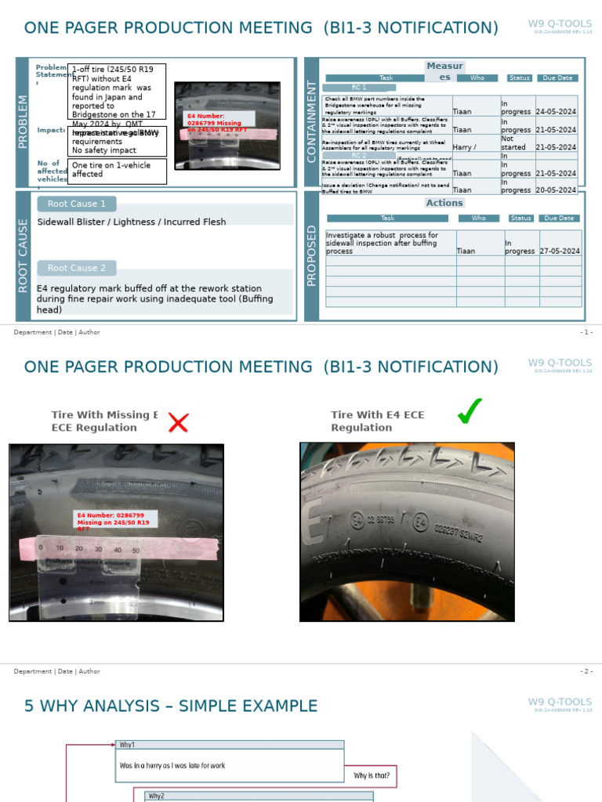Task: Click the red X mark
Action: pos(179,423)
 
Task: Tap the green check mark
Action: pos(470,411)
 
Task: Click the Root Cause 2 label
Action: pos(77,268)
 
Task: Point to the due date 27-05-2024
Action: pos(560,251)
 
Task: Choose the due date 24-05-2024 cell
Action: pos(556,112)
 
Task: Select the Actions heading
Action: pos(444,203)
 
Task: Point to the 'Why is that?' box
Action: pos(372,776)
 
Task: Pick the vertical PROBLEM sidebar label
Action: pos(22,122)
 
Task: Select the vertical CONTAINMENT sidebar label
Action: pos(311,122)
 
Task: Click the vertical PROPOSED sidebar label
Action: pos(311,255)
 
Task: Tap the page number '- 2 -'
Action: pos(586,671)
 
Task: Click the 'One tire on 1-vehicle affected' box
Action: pos(117,171)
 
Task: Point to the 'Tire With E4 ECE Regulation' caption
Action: pos(377,421)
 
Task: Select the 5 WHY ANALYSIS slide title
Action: pos(171,706)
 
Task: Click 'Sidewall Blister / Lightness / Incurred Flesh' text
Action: pos(132,222)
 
